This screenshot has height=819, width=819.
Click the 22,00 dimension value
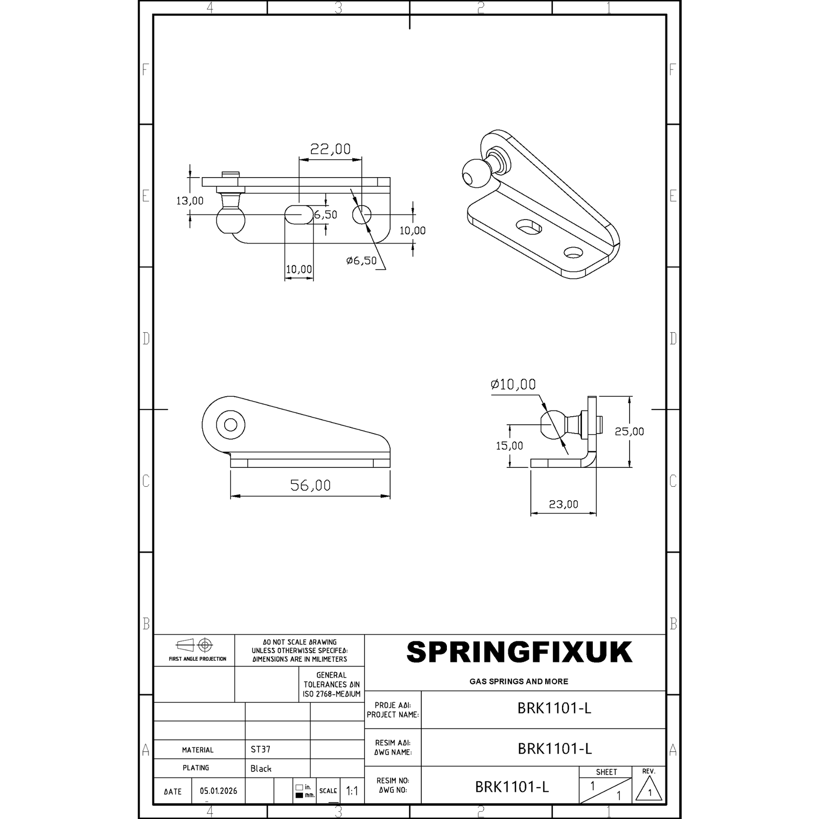click(330, 149)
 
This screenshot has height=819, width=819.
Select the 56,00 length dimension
click(310, 485)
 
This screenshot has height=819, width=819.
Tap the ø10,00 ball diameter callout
click(513, 384)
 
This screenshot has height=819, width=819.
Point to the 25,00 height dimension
click(629, 431)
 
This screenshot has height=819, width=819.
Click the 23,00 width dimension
click(563, 504)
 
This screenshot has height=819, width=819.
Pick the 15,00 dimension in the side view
click(509, 445)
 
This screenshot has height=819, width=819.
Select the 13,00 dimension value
click(190, 201)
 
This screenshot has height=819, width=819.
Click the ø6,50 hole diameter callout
click(361, 261)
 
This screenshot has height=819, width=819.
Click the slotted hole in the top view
click(299, 214)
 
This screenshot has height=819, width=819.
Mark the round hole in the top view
click(362, 214)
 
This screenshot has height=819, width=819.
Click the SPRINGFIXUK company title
click(519, 653)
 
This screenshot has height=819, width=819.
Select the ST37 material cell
click(261, 749)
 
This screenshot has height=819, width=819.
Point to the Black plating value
click(261, 768)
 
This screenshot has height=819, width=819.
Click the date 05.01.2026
click(219, 791)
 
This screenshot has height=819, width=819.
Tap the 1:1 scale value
click(352, 791)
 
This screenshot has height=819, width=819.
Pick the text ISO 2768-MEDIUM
click(332, 694)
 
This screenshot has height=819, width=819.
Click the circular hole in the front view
click(230, 425)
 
